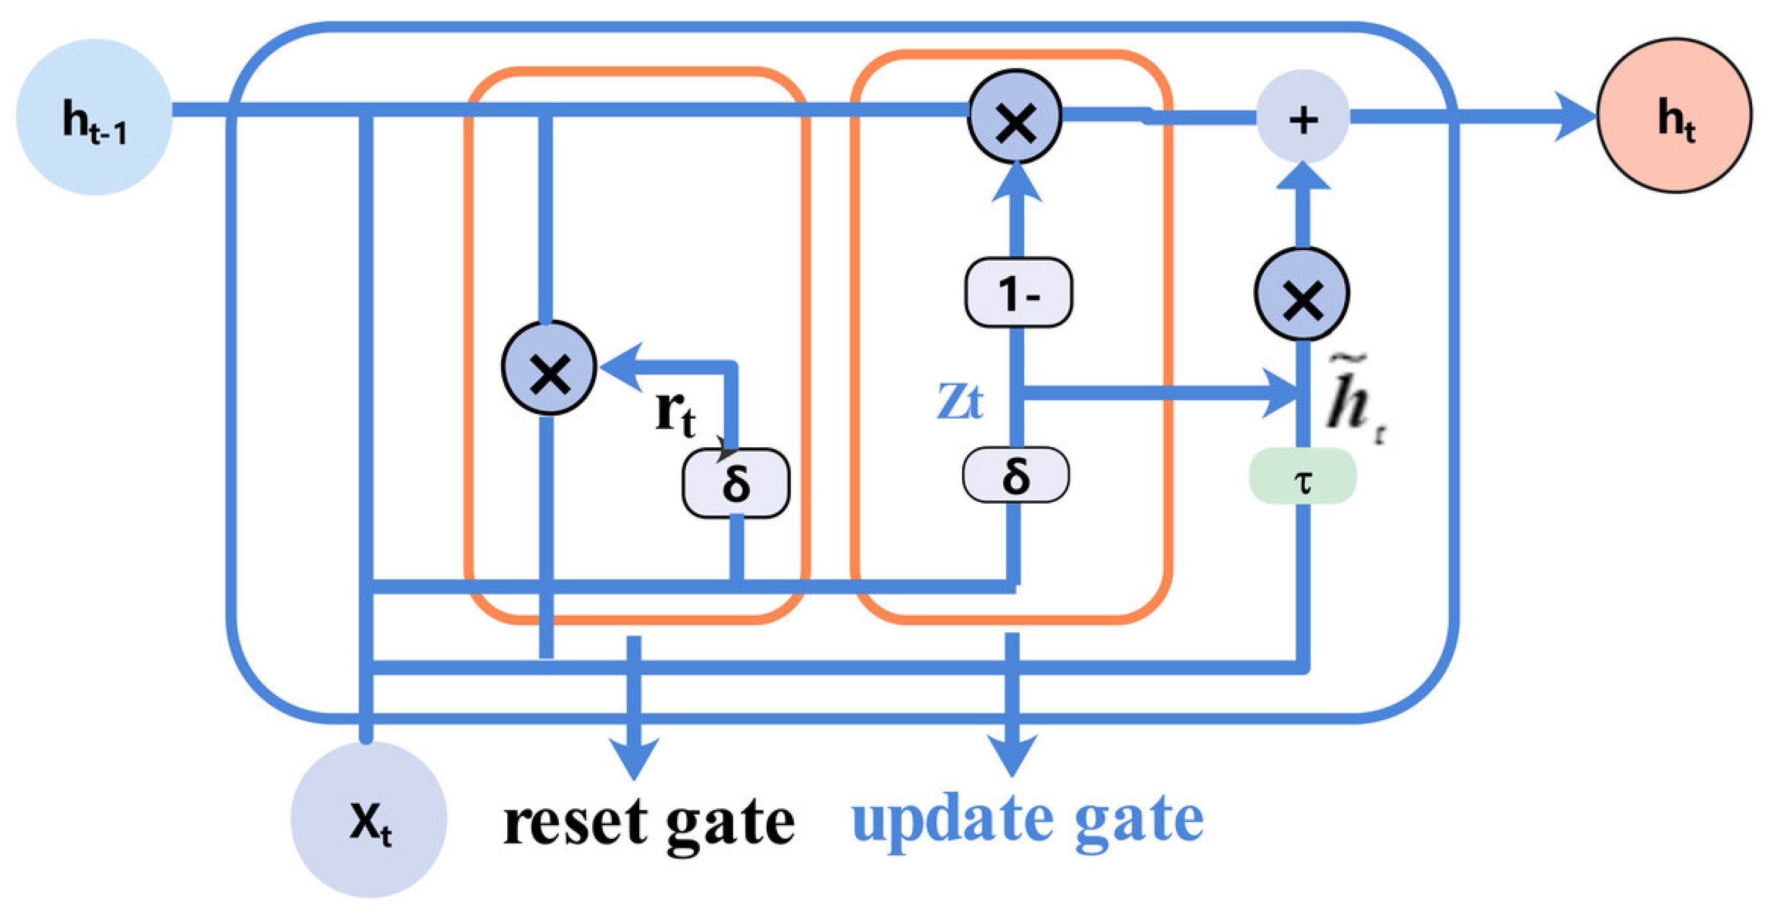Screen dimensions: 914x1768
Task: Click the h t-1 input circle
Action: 94,117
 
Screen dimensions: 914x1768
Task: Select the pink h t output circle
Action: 1674,116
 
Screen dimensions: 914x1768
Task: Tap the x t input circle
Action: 369,819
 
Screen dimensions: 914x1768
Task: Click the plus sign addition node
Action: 1303,117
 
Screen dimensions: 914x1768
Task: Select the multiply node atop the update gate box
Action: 1015,117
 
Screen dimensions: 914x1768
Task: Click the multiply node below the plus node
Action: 1302,294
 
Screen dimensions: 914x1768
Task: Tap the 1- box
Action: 1018,292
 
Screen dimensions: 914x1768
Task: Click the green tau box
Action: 1302,476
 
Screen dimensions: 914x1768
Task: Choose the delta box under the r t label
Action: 735,483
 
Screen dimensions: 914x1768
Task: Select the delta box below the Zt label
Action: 1015,475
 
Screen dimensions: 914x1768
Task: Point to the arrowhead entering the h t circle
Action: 1575,117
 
